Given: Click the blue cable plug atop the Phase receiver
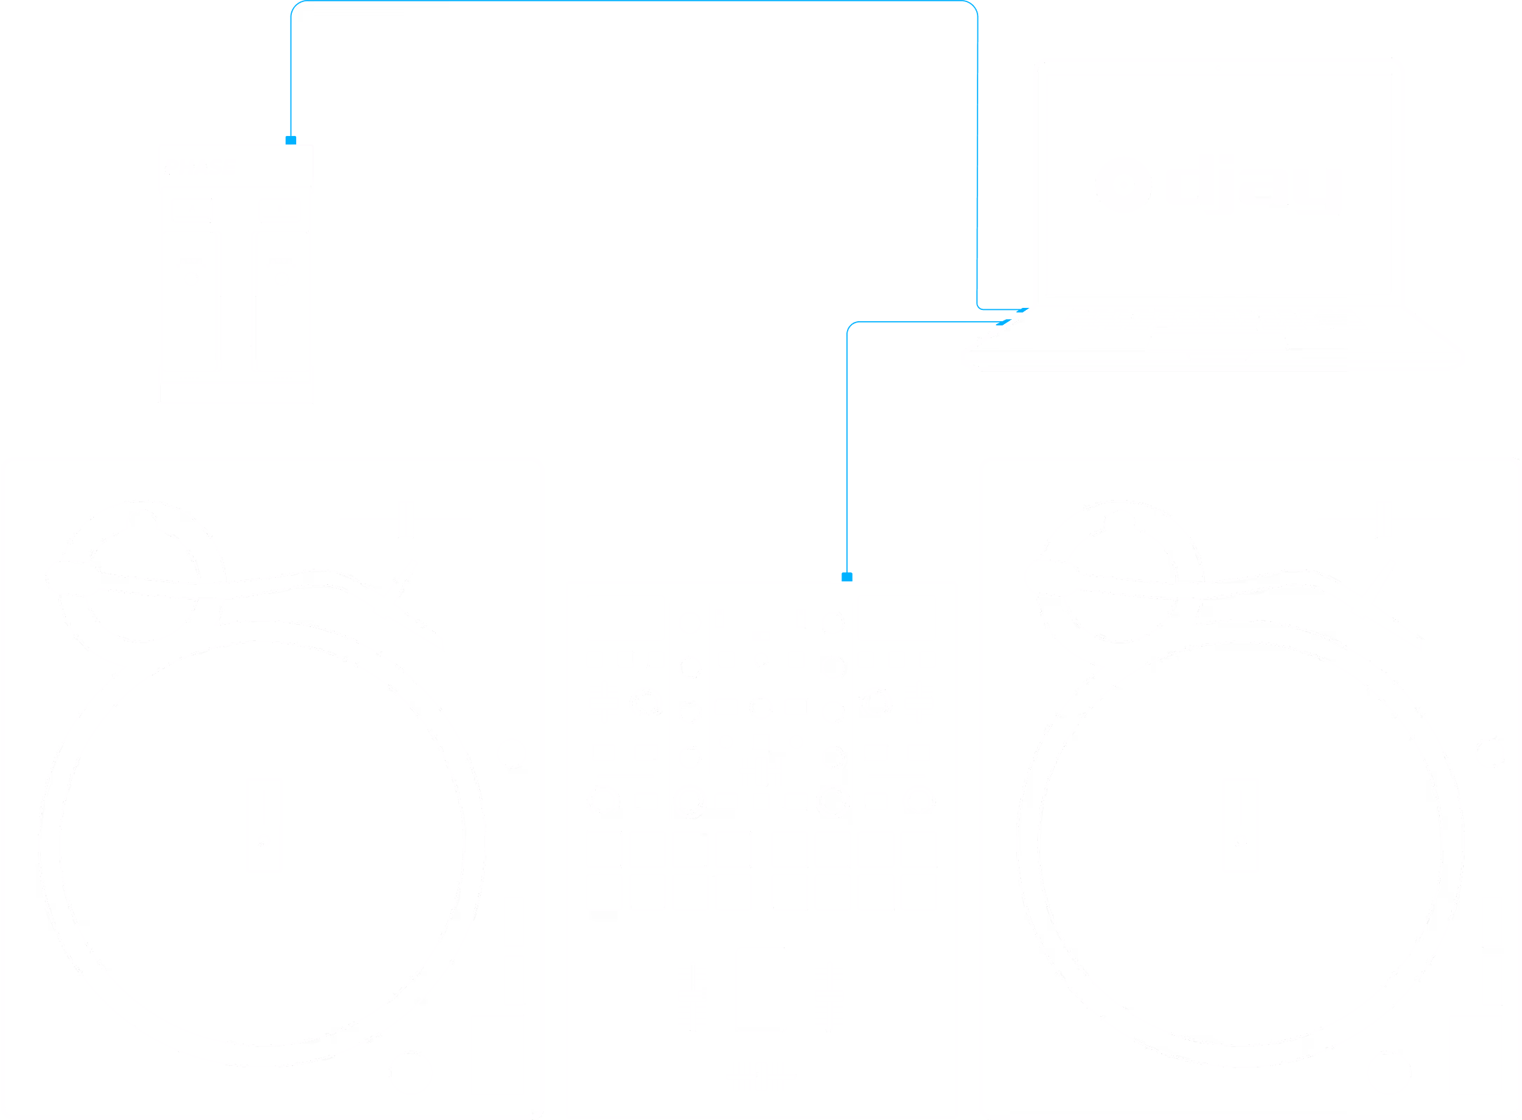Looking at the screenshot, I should pyautogui.click(x=291, y=140).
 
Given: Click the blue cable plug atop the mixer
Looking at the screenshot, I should pyautogui.click(x=847, y=577).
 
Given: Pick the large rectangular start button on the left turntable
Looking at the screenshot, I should pyautogui.click(x=497, y=1055).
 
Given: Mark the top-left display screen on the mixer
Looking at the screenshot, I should pyautogui.click(x=625, y=618).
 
